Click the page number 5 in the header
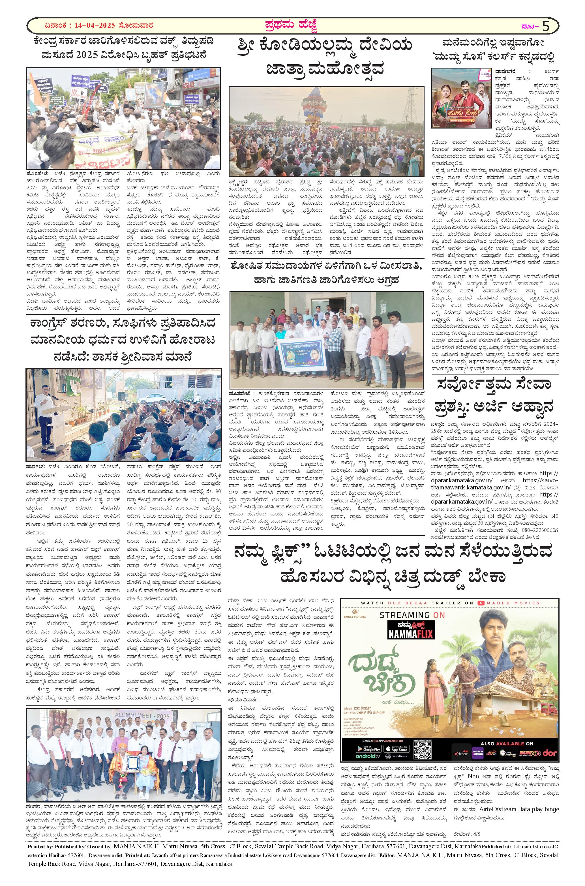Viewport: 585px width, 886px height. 546,26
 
